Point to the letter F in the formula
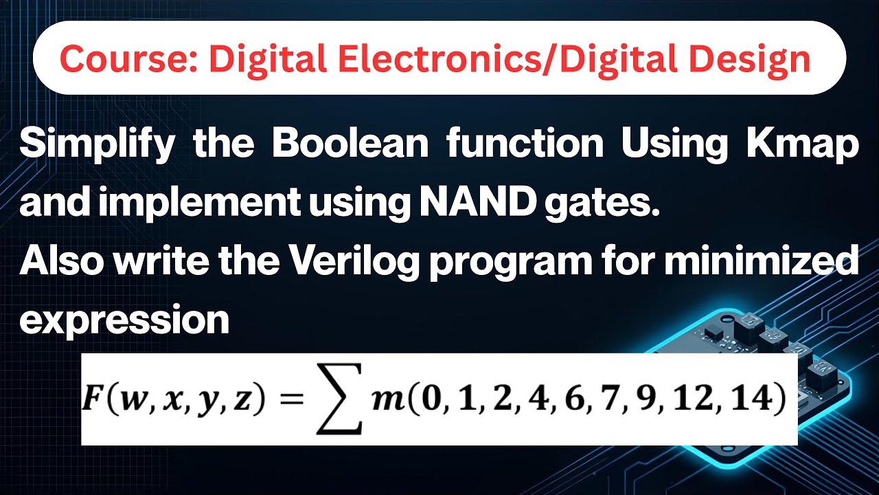pos(94,399)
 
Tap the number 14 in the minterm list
pos(753,399)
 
